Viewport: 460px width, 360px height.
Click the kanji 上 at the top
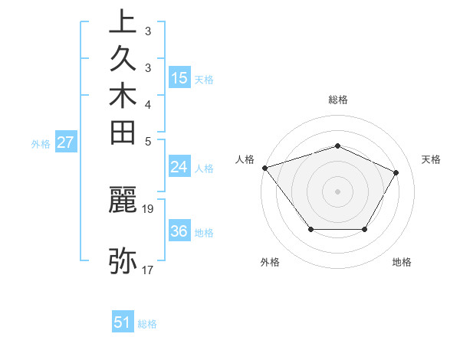point(123,22)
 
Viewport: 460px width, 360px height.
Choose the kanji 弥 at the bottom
point(123,260)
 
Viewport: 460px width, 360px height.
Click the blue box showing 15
point(179,78)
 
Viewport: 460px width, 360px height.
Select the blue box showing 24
point(179,167)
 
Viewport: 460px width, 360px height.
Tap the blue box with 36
point(179,231)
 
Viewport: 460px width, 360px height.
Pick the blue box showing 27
point(66,142)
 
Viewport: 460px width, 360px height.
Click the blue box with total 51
point(123,322)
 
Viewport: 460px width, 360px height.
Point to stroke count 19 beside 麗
point(149,208)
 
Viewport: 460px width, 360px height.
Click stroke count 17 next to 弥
point(149,270)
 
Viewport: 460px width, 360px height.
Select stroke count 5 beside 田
point(149,141)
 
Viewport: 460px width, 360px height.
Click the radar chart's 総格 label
point(338,100)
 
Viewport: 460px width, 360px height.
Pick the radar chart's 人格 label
point(245,159)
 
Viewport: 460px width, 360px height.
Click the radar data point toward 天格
point(396,172)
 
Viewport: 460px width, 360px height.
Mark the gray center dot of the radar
point(338,191)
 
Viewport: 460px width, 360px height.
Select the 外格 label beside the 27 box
point(41,142)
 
